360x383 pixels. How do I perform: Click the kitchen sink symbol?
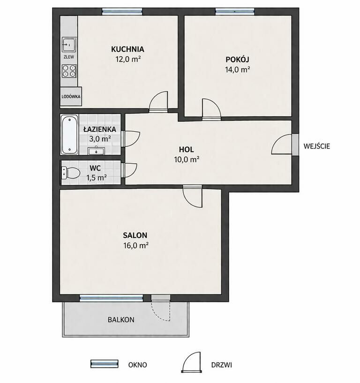tap(69, 45)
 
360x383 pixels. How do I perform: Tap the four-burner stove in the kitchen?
tap(69, 71)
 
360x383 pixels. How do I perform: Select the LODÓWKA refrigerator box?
tap(71, 96)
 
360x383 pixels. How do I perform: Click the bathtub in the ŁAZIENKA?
tap(69, 135)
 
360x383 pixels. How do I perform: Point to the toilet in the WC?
tap(71, 173)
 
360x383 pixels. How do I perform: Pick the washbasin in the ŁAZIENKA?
tap(96, 151)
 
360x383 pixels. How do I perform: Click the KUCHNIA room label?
tap(127, 49)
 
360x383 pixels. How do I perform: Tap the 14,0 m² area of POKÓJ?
tap(237, 69)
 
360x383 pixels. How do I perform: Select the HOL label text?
tap(187, 149)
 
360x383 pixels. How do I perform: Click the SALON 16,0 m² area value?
tap(136, 245)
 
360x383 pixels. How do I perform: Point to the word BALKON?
tap(121, 320)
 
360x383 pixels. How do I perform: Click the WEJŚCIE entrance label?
tap(317, 146)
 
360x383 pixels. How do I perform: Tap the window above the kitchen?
tap(122, 11)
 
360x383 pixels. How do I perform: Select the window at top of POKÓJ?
tap(235, 11)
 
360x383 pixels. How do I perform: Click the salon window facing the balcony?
tap(112, 298)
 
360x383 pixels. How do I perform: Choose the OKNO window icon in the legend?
tap(104, 364)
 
